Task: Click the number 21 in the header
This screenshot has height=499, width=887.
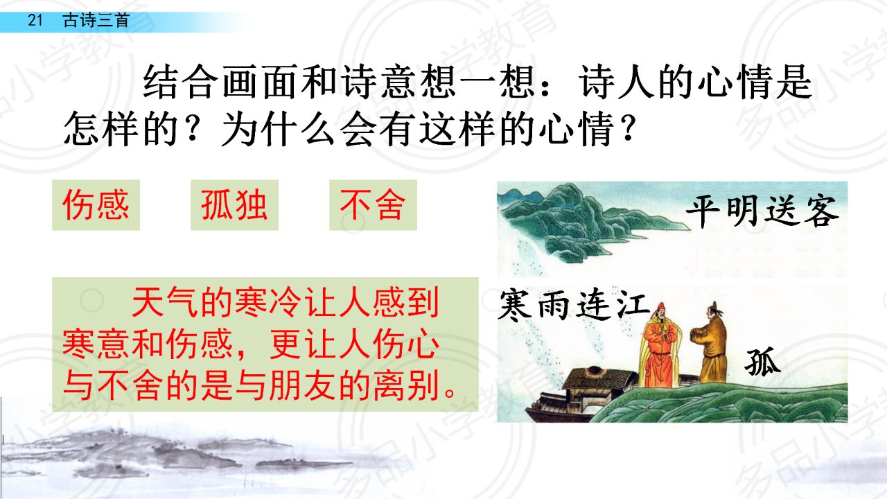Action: pos(35,20)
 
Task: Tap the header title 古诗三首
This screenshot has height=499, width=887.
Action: pos(96,20)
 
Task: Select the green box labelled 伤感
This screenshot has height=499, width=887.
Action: pos(96,205)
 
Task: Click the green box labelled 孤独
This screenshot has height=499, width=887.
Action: pos(234,205)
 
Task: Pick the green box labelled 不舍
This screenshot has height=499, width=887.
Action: pos(373,205)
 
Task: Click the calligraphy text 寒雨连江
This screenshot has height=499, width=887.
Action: pos(574,306)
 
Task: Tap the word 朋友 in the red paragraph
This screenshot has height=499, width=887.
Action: pos(303,385)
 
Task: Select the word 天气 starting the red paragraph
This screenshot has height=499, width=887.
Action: pos(165,302)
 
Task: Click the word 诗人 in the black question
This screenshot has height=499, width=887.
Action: pos(617,82)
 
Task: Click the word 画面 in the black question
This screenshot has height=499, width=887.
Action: pos(261,82)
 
